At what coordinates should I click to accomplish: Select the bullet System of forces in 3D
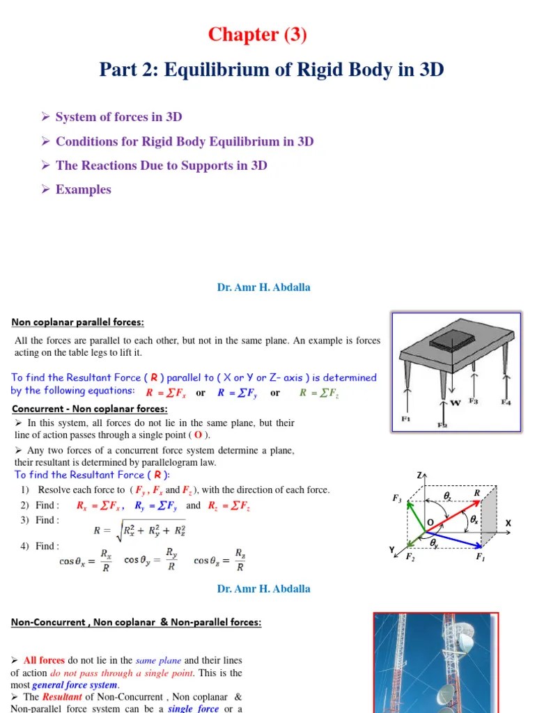pos(118,117)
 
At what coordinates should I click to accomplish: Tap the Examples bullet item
pos(83,189)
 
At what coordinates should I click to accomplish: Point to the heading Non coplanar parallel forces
pos(77,322)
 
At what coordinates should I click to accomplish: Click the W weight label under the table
pos(456,402)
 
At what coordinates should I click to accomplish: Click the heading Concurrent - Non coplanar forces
pos(88,409)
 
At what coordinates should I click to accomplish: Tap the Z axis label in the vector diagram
pos(419,475)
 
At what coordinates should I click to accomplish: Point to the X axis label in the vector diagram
pos(508,523)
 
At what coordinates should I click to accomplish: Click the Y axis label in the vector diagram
pos(391,550)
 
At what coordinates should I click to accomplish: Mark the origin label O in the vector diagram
pos(430,522)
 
